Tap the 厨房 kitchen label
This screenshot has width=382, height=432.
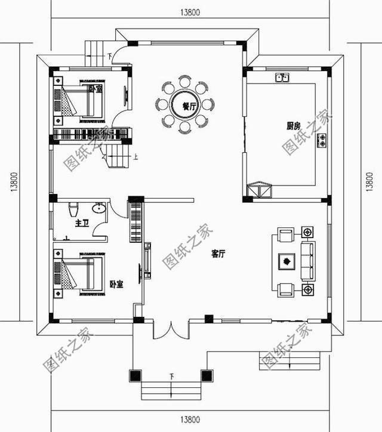click(x=292, y=126)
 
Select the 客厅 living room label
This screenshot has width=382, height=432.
click(x=218, y=254)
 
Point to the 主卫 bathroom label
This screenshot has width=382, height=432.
click(x=82, y=224)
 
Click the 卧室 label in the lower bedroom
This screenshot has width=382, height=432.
click(x=116, y=284)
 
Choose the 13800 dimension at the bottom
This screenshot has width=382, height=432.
click(x=189, y=421)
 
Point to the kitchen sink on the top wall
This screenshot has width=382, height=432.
click(x=282, y=77)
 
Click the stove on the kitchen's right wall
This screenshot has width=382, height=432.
click(x=322, y=141)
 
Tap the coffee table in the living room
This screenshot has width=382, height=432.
click(x=287, y=261)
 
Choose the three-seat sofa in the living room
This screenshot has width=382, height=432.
click(x=308, y=261)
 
